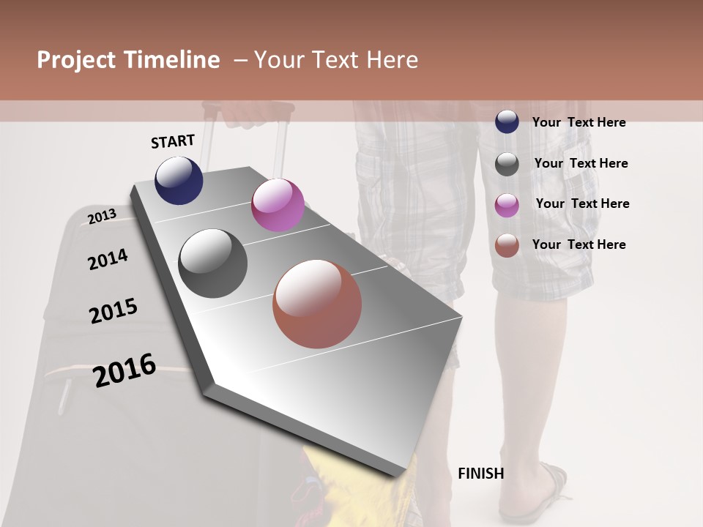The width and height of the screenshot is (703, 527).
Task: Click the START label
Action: tap(173, 141)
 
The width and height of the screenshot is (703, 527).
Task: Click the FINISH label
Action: tap(481, 474)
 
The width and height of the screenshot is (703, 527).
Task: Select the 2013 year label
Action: tap(102, 216)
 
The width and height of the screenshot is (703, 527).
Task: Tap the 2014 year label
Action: tap(108, 259)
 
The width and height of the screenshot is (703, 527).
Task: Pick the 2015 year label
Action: tap(114, 311)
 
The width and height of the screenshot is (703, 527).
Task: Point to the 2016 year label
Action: tap(124, 370)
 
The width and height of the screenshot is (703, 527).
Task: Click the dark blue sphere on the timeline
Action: tap(179, 181)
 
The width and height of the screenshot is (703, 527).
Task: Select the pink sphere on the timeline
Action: tap(278, 205)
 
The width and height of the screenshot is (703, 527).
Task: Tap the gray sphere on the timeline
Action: tap(213, 263)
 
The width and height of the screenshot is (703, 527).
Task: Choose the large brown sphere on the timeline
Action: tap(317, 304)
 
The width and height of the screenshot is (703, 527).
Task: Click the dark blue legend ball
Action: tap(507, 122)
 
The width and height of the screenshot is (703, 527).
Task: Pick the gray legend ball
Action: tap(507, 163)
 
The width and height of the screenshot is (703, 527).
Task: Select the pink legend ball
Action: tap(507, 204)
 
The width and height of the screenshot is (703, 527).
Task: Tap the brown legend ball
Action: tap(507, 245)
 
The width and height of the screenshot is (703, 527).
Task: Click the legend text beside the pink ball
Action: tap(582, 203)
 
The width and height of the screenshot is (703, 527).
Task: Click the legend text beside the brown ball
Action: tap(579, 244)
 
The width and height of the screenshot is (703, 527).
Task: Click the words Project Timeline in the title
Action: tap(128, 60)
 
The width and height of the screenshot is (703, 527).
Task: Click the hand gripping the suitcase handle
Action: tap(245, 113)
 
